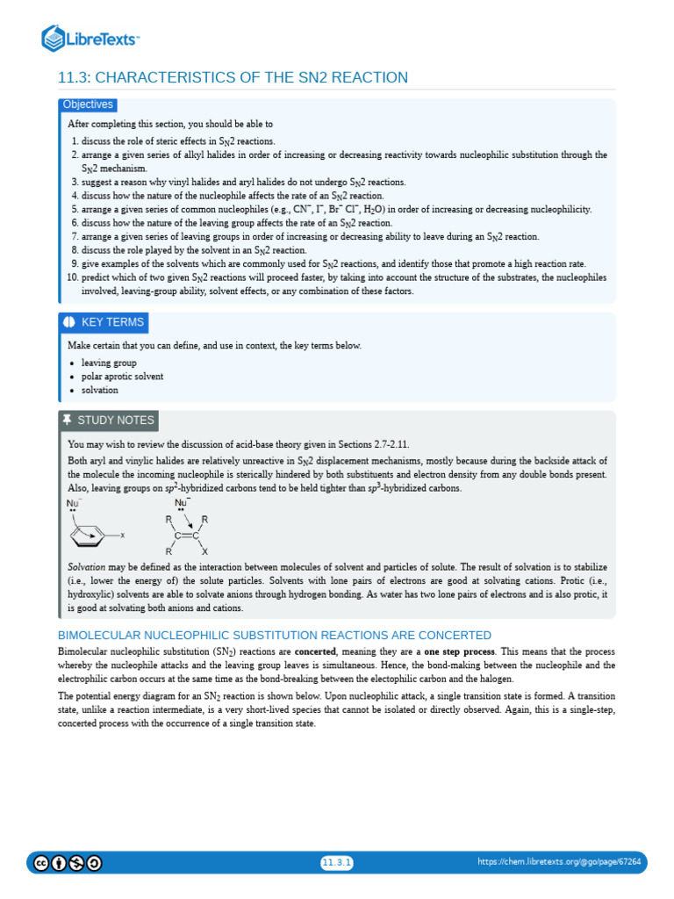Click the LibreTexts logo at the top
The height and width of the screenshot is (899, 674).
(90, 39)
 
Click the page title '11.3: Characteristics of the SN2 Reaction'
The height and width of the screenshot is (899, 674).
(233, 78)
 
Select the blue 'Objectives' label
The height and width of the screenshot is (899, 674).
(88, 104)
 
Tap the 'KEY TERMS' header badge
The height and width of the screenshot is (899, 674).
(104, 322)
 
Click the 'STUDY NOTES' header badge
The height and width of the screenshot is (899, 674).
(108, 421)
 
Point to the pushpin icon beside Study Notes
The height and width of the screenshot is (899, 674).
(68, 421)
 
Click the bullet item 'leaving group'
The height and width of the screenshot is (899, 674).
(109, 363)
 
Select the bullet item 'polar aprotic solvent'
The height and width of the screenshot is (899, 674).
(122, 377)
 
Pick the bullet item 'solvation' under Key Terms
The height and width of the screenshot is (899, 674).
(99, 390)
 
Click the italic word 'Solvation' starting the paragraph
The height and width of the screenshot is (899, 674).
(86, 567)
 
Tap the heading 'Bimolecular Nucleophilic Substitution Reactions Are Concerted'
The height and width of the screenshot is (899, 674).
(274, 635)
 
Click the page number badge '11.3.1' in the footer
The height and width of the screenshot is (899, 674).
(336, 863)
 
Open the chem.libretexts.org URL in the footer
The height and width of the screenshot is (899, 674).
(559, 863)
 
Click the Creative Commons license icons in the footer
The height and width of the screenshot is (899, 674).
(68, 863)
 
